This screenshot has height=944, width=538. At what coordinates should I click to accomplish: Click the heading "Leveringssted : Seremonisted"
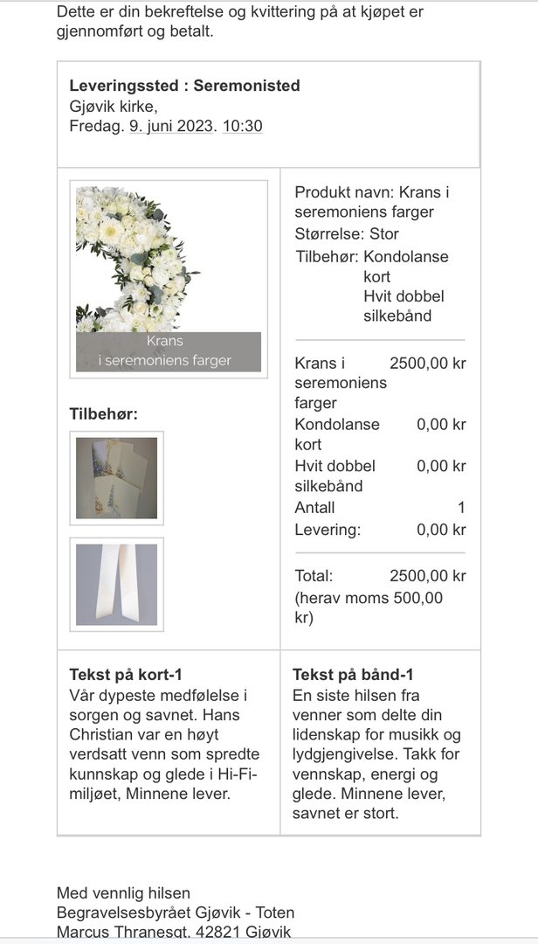(184, 86)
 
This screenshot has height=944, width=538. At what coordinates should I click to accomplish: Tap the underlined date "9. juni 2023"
(170, 126)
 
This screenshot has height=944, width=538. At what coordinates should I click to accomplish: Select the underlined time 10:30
(242, 126)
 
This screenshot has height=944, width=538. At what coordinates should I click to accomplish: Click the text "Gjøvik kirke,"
(114, 106)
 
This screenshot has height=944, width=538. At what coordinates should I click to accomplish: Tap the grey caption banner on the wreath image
(168, 351)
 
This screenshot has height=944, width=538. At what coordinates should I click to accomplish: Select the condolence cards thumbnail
(116, 478)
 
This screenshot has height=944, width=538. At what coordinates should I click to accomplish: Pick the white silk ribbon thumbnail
(116, 585)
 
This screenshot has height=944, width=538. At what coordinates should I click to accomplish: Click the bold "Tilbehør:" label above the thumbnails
(103, 414)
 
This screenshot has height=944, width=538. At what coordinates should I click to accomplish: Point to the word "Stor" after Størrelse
(384, 234)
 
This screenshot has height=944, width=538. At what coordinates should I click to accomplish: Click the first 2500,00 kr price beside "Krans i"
(428, 364)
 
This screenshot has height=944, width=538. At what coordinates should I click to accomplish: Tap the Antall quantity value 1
(461, 508)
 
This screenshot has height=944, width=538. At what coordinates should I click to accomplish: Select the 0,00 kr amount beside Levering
(441, 530)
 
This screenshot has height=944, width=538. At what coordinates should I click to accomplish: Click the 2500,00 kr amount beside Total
(428, 576)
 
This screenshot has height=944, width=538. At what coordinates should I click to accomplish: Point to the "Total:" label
(314, 576)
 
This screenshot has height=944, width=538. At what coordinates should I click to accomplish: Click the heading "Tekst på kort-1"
(125, 675)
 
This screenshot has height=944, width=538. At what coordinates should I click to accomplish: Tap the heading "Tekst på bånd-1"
(353, 675)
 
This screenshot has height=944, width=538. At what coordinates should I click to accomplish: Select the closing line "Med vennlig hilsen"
(123, 892)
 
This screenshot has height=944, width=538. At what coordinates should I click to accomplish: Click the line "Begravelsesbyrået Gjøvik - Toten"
(176, 913)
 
